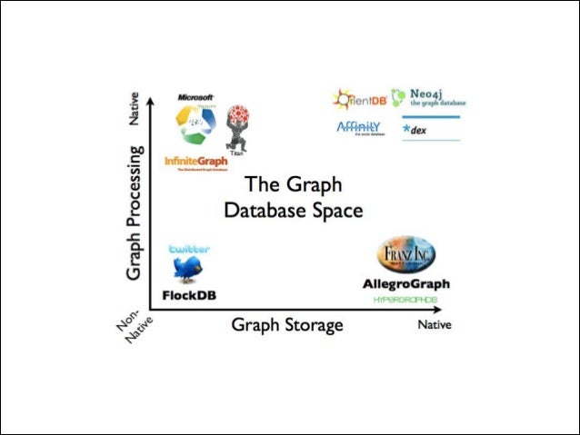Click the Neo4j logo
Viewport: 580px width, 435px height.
(x=428, y=97)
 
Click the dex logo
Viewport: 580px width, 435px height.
(x=419, y=130)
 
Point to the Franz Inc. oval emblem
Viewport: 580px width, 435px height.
(x=406, y=254)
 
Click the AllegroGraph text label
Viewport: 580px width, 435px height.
(x=406, y=284)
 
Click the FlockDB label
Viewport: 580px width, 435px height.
(x=189, y=294)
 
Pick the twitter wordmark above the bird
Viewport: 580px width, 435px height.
(x=189, y=248)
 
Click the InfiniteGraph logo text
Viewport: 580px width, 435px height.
(x=195, y=161)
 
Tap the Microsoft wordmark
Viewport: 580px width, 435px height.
(x=195, y=96)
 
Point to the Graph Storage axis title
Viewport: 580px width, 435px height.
(x=287, y=324)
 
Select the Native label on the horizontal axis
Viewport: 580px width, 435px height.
(x=434, y=324)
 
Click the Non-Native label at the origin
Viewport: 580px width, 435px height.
(x=132, y=332)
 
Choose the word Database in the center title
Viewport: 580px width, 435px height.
(x=263, y=211)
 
